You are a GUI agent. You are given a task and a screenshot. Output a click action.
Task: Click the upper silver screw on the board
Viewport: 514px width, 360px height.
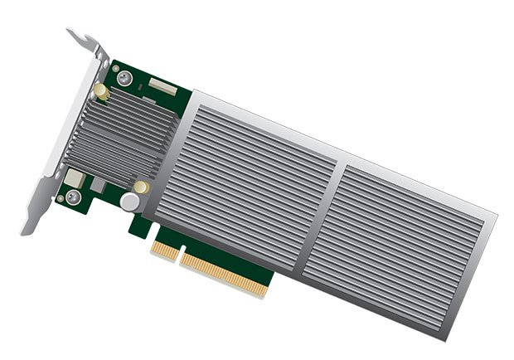124,78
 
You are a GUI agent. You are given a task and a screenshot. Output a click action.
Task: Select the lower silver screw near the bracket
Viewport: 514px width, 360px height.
73,197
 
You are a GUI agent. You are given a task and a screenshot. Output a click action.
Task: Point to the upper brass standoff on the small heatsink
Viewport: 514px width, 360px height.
100,89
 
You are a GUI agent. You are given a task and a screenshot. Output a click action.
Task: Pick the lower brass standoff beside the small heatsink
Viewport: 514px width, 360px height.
142,187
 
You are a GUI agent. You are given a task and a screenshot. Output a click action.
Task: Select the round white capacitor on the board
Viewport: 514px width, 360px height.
129,202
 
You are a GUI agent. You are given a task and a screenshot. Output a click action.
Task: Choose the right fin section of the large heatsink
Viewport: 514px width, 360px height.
406,241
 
